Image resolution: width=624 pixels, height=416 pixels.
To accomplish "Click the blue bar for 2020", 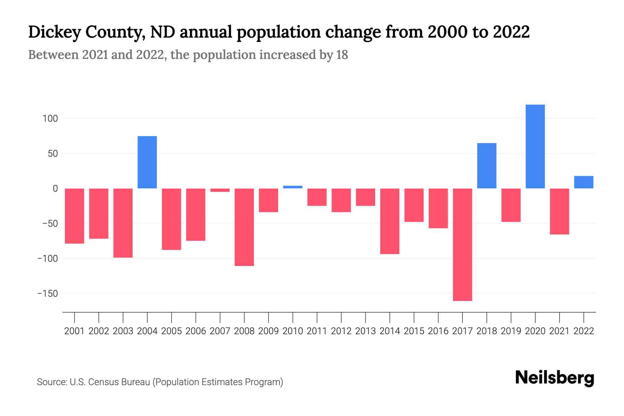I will [535, 146].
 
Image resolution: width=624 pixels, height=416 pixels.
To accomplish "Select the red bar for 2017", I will [462, 244].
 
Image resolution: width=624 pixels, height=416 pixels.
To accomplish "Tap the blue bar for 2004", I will [147, 162].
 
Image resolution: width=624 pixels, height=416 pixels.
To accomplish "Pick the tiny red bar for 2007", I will [220, 190].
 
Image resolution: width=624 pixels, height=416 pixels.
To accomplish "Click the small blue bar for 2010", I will [293, 187].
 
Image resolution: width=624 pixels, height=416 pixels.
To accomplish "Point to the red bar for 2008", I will [244, 227].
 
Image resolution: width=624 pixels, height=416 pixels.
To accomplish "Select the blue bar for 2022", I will [583, 182].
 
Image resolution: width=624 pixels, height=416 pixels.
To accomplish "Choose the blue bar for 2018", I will [486, 166].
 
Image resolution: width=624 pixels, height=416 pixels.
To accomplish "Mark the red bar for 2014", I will [390, 221].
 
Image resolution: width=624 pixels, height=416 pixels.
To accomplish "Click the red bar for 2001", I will [75, 216].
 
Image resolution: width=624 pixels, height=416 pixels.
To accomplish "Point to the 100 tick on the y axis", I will [50, 119].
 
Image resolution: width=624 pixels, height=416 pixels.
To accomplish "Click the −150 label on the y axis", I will [47, 294].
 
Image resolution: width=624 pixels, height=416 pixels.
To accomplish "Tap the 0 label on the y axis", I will [55, 189].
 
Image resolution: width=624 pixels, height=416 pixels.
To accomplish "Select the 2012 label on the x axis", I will [341, 331].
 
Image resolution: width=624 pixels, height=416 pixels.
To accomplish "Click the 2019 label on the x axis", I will [511, 331].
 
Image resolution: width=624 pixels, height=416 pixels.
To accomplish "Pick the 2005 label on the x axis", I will [171, 331].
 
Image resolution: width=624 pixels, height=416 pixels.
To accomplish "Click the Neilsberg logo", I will [554, 378].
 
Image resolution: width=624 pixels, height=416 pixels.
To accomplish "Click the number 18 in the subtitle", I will [342, 55].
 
